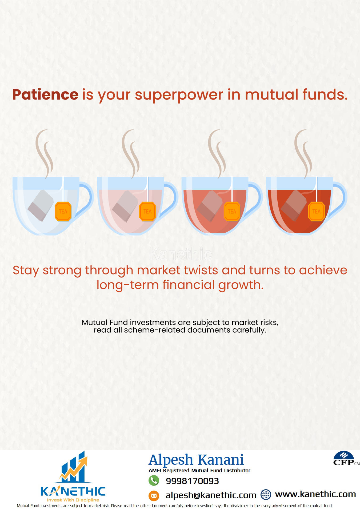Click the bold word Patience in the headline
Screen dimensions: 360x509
click(45, 95)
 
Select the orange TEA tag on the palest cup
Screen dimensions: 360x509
click(63, 212)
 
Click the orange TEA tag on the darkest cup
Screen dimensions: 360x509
click(317, 212)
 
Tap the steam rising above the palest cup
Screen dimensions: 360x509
click(44, 154)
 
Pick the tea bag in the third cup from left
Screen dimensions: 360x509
click(210, 206)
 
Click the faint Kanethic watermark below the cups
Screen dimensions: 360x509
click(181, 254)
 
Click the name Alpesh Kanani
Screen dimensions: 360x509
click(196, 460)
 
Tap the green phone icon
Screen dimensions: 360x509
click(154, 481)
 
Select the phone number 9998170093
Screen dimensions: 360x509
click(192, 481)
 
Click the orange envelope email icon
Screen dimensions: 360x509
click(154, 496)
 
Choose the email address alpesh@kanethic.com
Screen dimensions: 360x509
click(211, 495)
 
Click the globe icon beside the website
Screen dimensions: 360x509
click(266, 494)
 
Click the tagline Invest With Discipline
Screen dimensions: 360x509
click(73, 500)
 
